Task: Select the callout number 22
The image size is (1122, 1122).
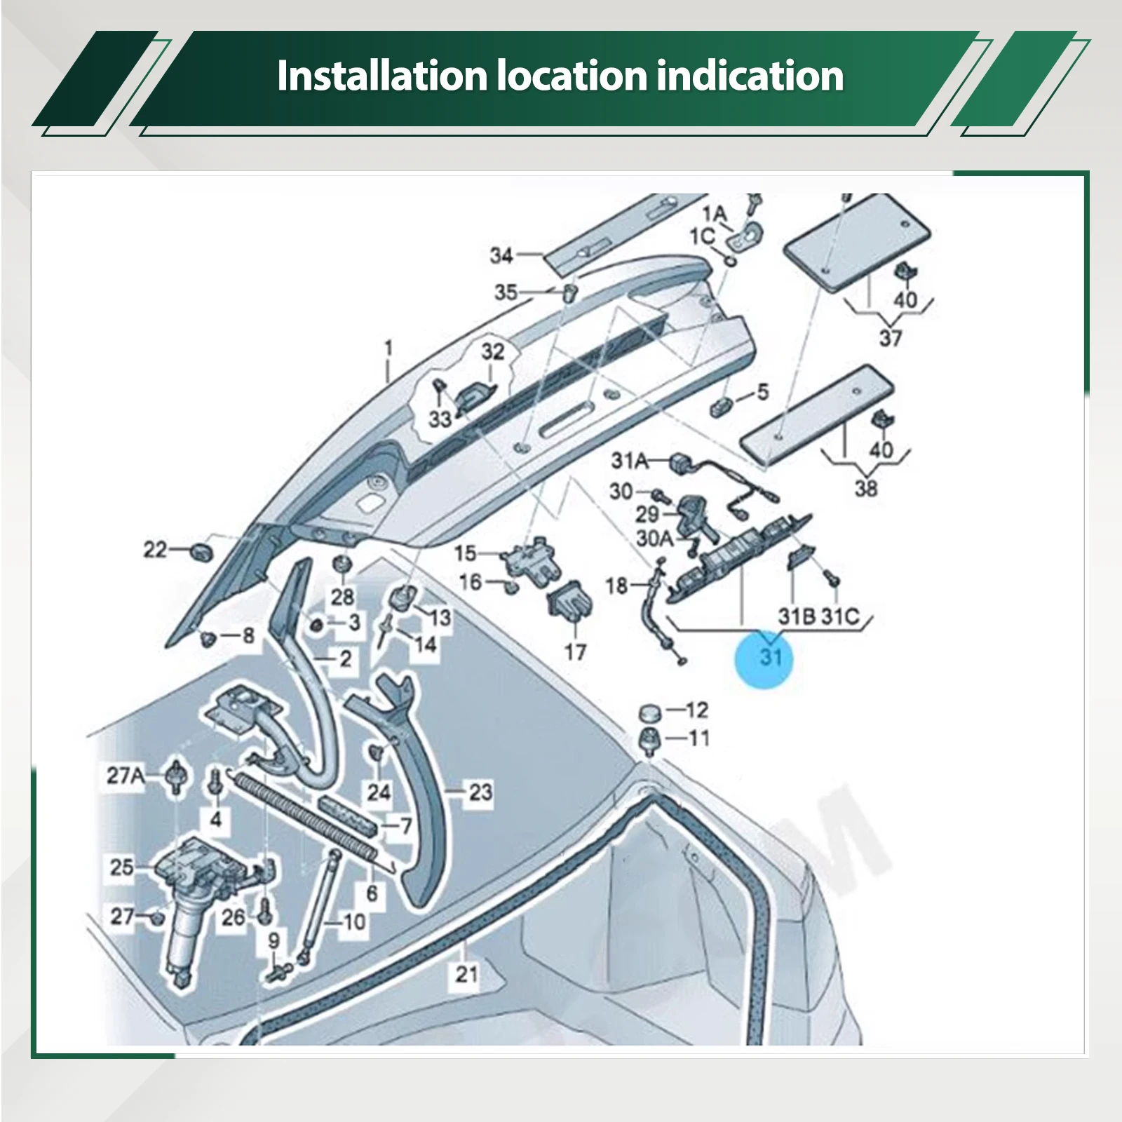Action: (156, 550)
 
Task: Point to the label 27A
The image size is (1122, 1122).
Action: (126, 776)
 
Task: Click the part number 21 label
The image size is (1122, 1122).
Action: (467, 973)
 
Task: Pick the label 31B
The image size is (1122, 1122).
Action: (797, 616)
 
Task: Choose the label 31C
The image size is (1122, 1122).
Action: (840, 616)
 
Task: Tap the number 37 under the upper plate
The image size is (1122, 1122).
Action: (891, 338)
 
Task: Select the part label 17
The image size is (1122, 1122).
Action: (575, 652)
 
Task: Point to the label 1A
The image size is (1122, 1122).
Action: (716, 213)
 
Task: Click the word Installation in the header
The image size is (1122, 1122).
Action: (381, 75)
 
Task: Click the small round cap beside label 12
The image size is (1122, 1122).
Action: (650, 714)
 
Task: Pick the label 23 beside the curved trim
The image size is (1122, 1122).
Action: (480, 792)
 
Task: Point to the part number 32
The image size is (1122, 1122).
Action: (493, 351)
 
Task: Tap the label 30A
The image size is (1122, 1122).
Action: (654, 539)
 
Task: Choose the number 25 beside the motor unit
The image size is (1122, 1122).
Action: (121, 867)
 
